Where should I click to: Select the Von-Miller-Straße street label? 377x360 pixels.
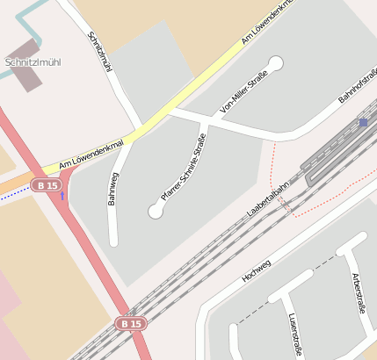244,94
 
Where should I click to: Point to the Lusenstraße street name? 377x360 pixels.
294,335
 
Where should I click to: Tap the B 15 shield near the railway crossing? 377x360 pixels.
131,324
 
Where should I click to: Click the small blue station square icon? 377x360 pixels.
364,123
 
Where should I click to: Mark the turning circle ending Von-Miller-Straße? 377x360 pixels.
277,62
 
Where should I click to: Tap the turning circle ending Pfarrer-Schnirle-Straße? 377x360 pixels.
156,211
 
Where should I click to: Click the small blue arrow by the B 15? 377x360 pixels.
62,194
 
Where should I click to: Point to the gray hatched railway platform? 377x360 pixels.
335,144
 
